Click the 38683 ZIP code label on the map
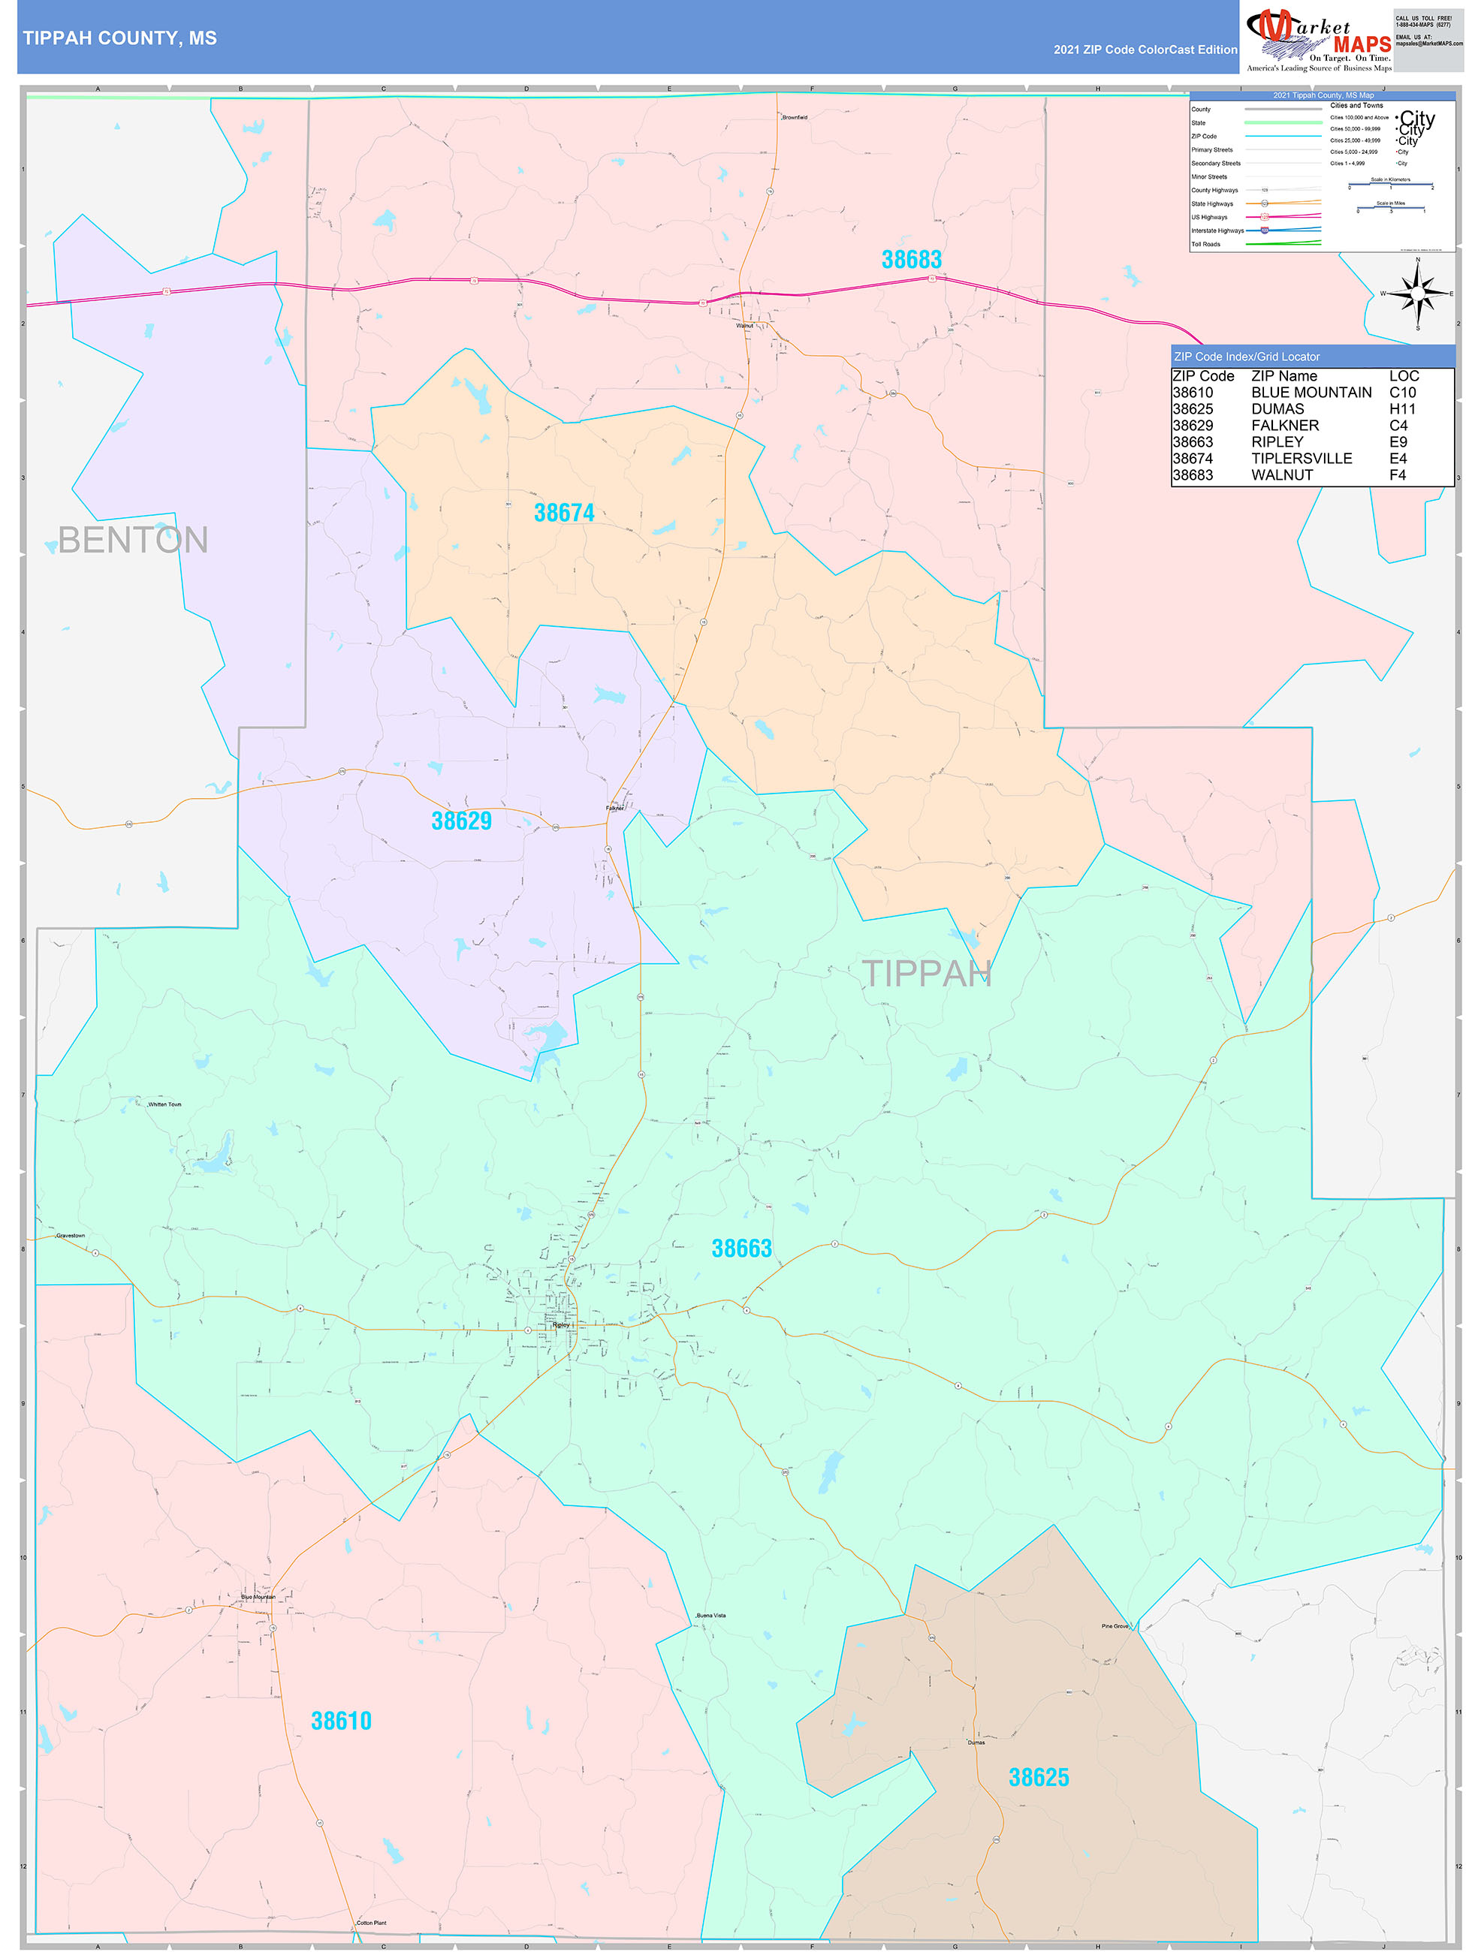pos(911,260)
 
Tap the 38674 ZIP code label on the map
pos(564,513)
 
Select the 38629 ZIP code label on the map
pos(461,821)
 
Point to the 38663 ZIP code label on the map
pos(741,1249)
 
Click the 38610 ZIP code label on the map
pos(341,1721)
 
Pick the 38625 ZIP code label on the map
pos(1038,1777)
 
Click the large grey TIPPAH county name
pos(926,973)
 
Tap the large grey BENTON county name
pos(132,540)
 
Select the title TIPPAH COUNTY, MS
pos(120,38)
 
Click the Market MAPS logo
pos(1319,39)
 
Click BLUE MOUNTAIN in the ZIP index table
pos(1311,393)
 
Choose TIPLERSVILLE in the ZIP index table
pos(1301,459)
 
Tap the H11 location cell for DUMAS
pos(1401,409)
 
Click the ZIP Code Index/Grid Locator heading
pos(1247,357)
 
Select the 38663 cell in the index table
pos(1193,442)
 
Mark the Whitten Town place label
pos(164,1104)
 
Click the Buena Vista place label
pos(710,1615)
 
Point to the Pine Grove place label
pos(1114,1625)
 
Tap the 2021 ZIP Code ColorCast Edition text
pos(1145,50)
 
